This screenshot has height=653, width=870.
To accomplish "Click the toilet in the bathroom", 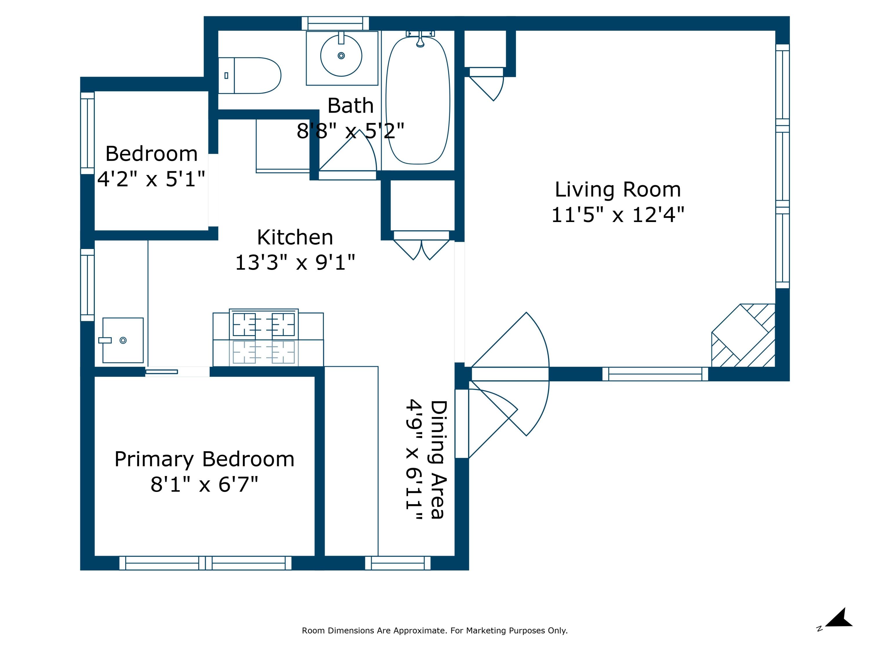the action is tap(249, 75).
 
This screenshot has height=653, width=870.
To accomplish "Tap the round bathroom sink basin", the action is tap(341, 55).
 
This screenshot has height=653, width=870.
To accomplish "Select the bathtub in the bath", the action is tap(418, 100).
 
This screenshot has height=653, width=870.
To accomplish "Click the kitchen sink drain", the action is tap(123, 340).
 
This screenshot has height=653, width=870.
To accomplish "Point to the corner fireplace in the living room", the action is tap(743, 335).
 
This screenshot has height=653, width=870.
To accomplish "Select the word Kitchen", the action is tap(295, 237).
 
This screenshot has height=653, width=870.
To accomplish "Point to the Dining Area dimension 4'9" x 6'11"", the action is tap(414, 460).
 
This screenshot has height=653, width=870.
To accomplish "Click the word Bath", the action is tap(350, 105).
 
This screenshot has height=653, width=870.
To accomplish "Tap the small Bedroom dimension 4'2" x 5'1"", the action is tap(151, 179).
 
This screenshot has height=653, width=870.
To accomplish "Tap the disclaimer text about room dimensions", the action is tap(435, 631).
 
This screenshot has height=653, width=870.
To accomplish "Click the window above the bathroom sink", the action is tap(336, 23).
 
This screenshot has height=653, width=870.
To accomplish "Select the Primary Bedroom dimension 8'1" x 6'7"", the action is tap(204, 484).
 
